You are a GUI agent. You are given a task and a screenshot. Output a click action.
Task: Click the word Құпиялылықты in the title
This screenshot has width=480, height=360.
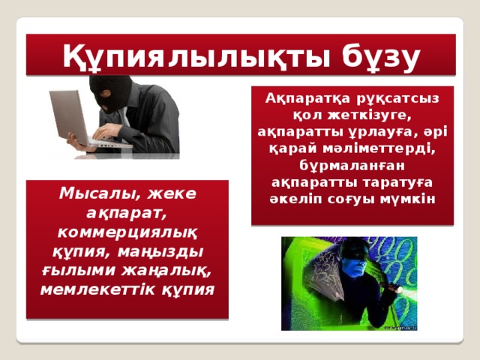pos(178,55)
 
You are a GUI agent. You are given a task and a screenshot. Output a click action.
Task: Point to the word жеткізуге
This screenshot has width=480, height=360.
pos(364,115)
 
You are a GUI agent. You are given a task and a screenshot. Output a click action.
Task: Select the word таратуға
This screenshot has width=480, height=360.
pos(382,182)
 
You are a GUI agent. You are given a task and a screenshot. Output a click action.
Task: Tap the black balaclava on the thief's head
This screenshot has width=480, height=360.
pos(113,91)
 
